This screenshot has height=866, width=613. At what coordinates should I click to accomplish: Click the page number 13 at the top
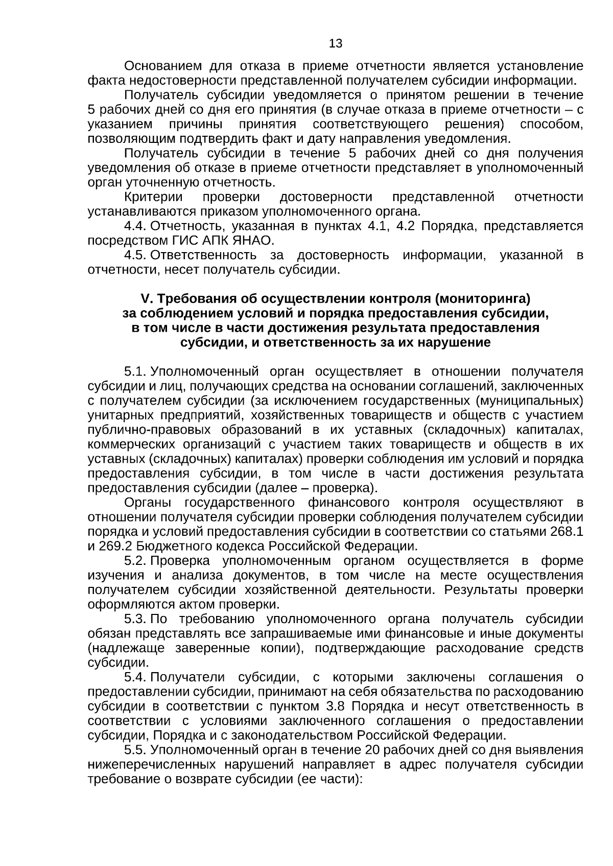336,44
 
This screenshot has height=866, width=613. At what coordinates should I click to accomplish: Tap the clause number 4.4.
136,226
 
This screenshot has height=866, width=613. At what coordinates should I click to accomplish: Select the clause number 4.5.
136,255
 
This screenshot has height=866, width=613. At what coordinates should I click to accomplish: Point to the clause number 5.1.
136,372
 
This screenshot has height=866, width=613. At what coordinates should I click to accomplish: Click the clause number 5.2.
136,561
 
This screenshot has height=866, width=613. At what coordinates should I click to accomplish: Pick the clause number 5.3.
136,620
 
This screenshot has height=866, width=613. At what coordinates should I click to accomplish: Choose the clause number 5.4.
136,678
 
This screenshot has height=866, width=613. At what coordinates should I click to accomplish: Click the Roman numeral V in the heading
144,299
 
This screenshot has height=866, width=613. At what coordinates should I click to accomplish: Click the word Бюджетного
172,547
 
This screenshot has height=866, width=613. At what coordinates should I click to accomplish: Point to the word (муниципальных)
530,401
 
